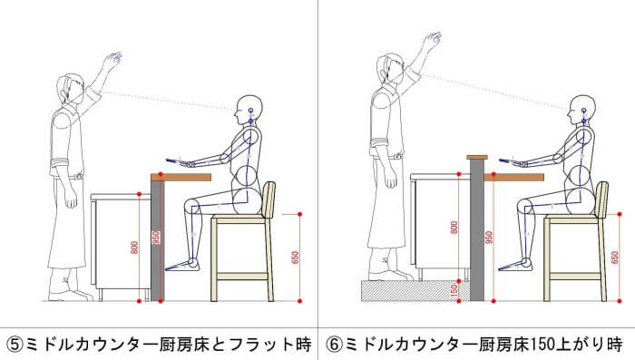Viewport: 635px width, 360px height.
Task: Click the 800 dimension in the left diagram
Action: click(x=135, y=248)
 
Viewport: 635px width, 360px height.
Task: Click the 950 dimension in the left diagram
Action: click(x=156, y=238)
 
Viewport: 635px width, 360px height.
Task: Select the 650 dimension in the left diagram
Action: click(x=295, y=258)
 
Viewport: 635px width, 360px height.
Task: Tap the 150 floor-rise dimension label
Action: click(x=454, y=290)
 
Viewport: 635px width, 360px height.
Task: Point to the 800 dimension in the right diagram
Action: click(x=454, y=228)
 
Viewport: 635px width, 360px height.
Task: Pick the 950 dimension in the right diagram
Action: click(x=489, y=238)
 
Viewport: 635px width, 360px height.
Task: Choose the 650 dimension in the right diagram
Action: click(x=615, y=258)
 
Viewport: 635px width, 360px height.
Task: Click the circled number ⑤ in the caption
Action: click(x=15, y=345)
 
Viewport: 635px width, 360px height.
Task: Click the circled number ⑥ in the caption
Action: click(x=335, y=345)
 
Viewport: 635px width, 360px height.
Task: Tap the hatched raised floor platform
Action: click(x=415, y=291)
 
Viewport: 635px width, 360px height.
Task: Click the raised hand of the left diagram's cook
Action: click(x=112, y=59)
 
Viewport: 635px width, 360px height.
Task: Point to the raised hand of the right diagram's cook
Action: click(x=432, y=39)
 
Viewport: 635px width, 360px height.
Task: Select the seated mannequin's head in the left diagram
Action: click(x=249, y=111)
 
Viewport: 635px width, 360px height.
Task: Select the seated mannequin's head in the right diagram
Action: click(x=582, y=111)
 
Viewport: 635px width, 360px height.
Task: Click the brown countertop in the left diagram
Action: click(x=181, y=178)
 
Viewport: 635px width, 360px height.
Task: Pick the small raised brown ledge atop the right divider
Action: click(x=477, y=157)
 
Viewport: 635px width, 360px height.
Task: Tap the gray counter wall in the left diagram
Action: click(x=157, y=240)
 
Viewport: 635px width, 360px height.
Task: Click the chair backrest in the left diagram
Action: click(x=269, y=199)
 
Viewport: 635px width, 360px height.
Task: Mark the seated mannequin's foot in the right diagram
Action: click(x=515, y=266)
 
